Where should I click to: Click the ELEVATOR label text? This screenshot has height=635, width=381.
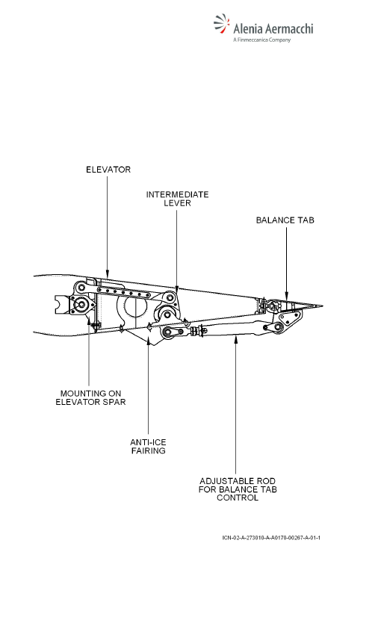click(x=108, y=170)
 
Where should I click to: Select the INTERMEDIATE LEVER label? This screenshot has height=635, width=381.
click(x=177, y=199)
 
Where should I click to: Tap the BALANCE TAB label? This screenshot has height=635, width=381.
click(x=285, y=220)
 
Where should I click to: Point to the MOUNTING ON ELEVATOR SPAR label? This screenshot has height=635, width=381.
click(x=90, y=397)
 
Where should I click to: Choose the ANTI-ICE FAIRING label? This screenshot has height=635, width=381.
click(x=148, y=446)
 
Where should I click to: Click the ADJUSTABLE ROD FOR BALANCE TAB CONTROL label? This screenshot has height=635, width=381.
click(x=238, y=489)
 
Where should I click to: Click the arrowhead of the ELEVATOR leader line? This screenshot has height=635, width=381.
click(x=108, y=273)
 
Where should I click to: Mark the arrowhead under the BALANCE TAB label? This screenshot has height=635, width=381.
click(x=287, y=297)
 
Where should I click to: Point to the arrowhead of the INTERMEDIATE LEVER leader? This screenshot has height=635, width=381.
click(x=176, y=288)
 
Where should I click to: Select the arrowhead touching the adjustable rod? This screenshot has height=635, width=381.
click(x=235, y=338)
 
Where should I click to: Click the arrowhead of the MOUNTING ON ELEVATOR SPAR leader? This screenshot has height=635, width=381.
click(x=89, y=321)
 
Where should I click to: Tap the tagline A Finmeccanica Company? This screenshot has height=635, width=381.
click(x=262, y=40)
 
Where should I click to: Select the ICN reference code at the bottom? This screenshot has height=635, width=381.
click(x=271, y=538)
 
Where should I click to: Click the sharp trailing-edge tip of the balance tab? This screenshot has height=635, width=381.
click(x=322, y=306)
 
